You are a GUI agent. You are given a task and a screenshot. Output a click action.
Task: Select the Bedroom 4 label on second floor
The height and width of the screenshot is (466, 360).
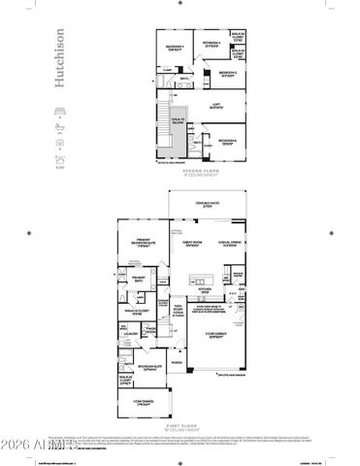coord(211,44)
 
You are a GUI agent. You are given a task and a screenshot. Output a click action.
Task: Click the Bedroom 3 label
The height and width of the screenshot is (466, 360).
coord(227,73)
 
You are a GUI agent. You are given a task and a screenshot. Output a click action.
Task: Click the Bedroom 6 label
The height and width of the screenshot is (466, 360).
coord(228,142)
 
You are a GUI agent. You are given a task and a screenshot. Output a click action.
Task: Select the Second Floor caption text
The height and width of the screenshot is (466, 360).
coord(199,170)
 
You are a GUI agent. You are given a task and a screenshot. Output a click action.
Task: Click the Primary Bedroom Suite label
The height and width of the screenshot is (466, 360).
coord(146,245)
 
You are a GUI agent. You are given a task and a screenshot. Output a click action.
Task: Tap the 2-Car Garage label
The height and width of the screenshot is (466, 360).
coord(219,335)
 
